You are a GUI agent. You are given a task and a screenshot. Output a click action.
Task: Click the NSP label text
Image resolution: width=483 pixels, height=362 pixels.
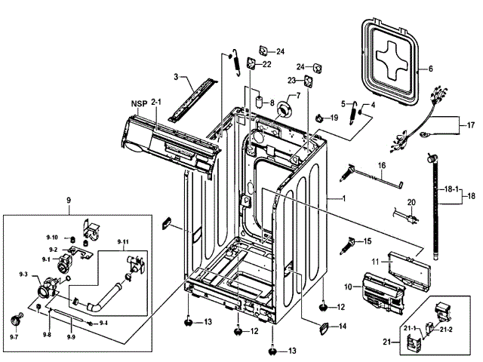coord(139,104)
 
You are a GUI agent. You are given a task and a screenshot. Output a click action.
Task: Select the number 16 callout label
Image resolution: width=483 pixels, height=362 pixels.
coord(382,166)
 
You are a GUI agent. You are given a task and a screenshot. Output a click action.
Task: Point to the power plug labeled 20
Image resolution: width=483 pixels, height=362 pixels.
coord(406,216)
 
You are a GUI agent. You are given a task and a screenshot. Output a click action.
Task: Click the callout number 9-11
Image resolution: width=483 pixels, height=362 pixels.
coord(123,241)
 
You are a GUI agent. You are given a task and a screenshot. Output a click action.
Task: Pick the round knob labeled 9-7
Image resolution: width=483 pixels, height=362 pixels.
coord(16,319)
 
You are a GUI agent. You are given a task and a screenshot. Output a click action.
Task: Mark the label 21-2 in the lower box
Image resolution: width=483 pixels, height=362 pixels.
coord(446,330)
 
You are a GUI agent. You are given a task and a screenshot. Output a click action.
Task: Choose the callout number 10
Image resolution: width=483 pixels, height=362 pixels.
coord(348,287)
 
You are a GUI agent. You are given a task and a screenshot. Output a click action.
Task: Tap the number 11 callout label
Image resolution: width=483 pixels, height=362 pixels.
coord(375,262)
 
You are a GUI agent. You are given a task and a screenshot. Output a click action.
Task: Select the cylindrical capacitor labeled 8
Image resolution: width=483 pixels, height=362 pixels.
coord(260,101)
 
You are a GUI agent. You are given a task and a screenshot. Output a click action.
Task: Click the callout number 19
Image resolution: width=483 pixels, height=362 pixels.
coord(334,118)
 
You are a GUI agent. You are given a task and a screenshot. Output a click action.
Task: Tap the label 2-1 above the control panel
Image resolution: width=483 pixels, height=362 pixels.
coord(156,102)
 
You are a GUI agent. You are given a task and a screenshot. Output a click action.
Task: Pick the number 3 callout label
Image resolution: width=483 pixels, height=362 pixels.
coord(176,77)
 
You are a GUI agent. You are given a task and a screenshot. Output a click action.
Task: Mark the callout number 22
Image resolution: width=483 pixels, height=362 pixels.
coord(266,64)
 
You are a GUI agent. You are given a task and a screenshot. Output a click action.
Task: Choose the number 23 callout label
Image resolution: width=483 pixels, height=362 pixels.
coord(291,81)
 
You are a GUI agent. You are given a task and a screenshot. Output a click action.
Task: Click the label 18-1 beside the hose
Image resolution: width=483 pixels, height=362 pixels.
coord(451,189)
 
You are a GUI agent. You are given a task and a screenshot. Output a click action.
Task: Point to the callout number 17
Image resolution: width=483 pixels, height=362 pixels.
coord(471,125)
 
